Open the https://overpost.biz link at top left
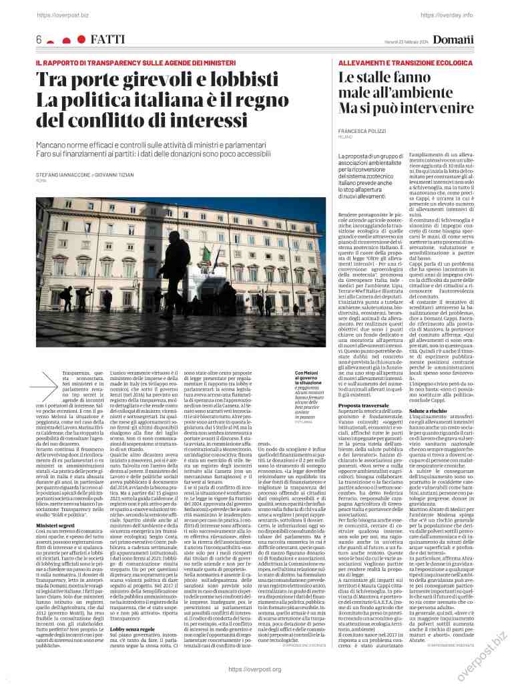59,13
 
